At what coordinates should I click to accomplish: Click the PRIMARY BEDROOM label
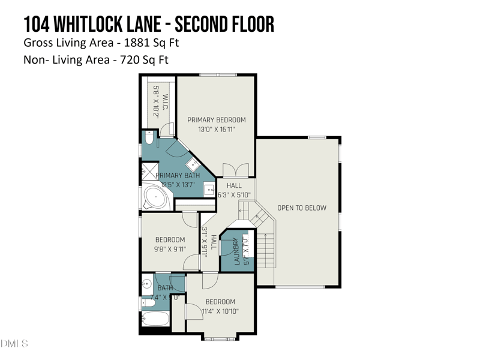216,119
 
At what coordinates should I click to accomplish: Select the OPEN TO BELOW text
302,208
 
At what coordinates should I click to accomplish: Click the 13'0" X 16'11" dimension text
216,128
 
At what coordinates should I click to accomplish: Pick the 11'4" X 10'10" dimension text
220,311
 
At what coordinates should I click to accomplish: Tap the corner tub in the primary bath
156,197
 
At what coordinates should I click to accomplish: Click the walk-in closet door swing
167,128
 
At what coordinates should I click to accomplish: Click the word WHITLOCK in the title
106,25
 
